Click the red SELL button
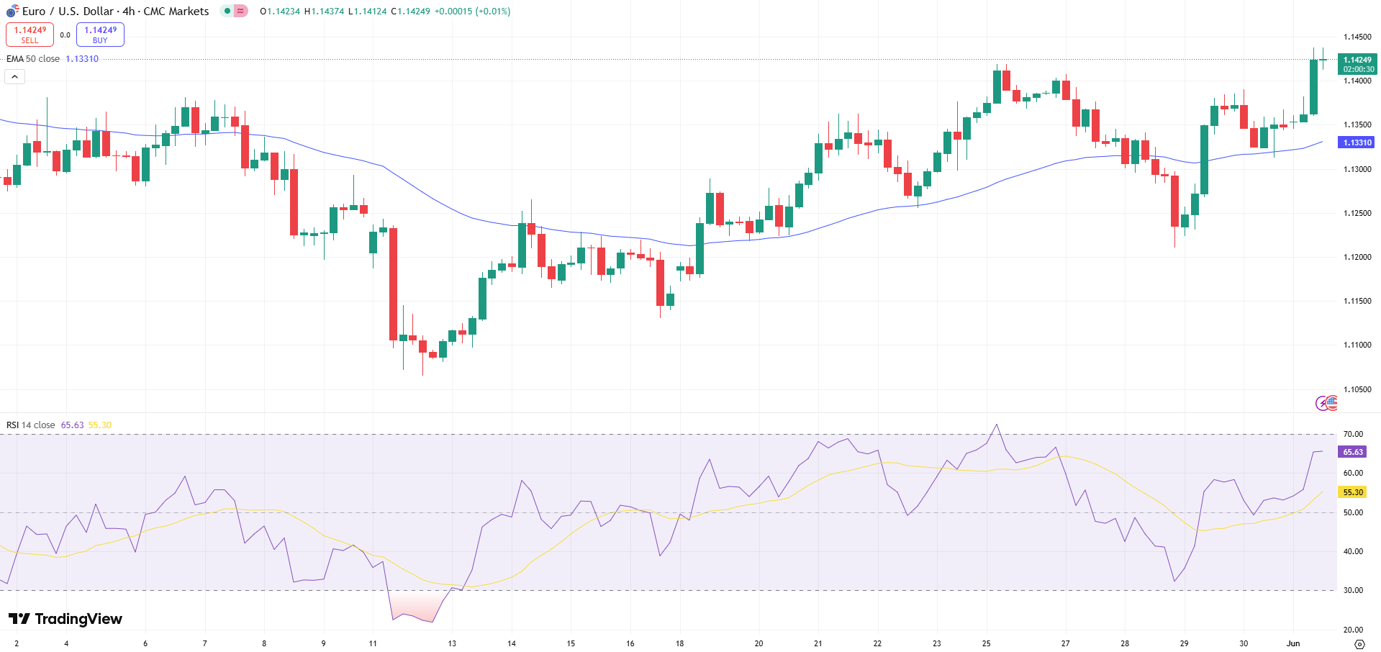tap(30, 35)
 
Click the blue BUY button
tap(100, 35)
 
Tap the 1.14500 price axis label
tap(1357, 37)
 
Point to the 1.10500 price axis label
tap(1357, 389)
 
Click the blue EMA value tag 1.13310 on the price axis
tap(1357, 142)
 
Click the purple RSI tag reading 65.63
tap(1352, 452)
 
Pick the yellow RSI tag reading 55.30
tap(1352, 492)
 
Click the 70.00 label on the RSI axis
tap(1352, 434)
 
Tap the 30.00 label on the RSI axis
tap(1352, 590)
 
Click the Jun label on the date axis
tap(1293, 643)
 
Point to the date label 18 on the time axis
tap(679, 643)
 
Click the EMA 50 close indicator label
tap(33, 59)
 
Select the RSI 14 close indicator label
tap(31, 425)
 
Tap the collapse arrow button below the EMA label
tap(14, 76)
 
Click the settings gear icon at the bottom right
tap(1359, 643)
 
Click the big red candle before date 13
tap(393, 284)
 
